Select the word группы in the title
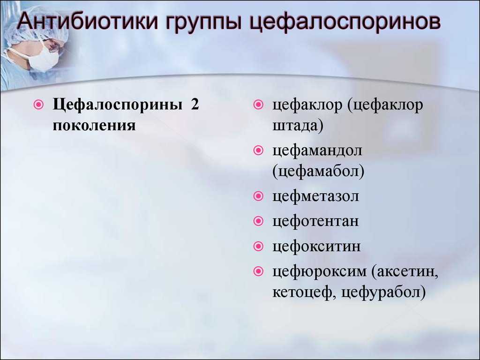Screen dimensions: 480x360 [x=203, y=23]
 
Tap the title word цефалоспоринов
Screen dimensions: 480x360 [x=345, y=23]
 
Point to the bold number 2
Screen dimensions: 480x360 [x=195, y=104]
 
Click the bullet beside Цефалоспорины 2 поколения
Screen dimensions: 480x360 [x=38, y=105]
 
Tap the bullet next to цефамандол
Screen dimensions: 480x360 [x=259, y=150]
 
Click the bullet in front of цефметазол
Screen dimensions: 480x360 [x=259, y=195]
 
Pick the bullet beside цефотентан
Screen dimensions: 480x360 [x=259, y=221]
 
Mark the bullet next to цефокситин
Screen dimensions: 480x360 [x=259, y=246]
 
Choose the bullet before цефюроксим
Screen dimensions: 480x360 [x=259, y=271]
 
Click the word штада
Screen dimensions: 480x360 [x=295, y=126]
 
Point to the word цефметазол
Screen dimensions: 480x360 [x=315, y=196]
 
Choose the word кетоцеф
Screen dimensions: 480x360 [x=301, y=292]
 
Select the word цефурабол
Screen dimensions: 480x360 [x=381, y=292]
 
